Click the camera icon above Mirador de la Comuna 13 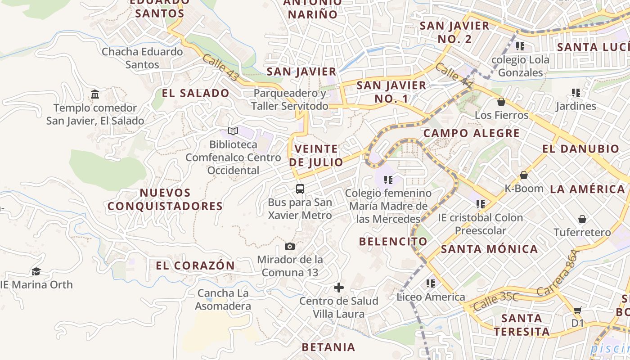(x=290, y=246)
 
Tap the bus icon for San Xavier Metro (x=300, y=189)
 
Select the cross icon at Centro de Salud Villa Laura (x=339, y=288)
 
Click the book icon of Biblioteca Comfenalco (x=233, y=131)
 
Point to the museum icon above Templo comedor (x=95, y=94)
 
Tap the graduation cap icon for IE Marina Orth (x=36, y=271)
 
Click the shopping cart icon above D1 (x=577, y=310)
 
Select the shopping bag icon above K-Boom (x=523, y=175)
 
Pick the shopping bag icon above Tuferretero (x=582, y=219)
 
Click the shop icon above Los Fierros (x=501, y=102)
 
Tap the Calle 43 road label (x=220, y=67)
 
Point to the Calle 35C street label (x=496, y=301)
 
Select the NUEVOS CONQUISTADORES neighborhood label (x=165, y=199)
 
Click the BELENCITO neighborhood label (x=393, y=241)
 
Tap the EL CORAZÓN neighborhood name (x=195, y=265)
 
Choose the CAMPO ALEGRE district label (x=472, y=133)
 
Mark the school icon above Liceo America (x=431, y=283)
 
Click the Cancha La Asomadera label (x=223, y=300)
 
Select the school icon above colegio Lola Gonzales (x=520, y=46)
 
